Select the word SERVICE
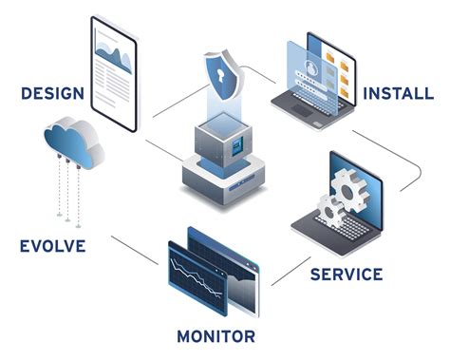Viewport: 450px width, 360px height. (x=347, y=275)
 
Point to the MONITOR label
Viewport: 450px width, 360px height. (x=216, y=335)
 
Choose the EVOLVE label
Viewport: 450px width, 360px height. (x=52, y=247)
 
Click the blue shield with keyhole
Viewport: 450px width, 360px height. (x=226, y=73)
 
